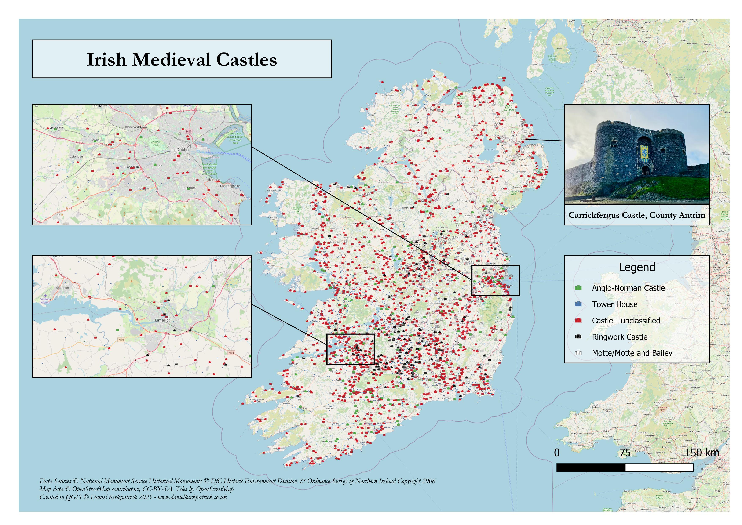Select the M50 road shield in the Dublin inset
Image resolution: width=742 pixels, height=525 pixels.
coord(189,131)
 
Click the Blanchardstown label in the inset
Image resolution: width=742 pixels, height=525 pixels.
coord(136,127)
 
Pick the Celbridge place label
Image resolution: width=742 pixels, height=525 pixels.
coord(76,156)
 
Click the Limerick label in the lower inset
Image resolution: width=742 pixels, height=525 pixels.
coord(162,320)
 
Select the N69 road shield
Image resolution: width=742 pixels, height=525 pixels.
coord(121,340)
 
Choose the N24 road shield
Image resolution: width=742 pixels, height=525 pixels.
coord(231,353)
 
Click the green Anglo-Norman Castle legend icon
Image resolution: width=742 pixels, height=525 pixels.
coord(578,288)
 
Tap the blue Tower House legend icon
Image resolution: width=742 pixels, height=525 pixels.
coord(578,304)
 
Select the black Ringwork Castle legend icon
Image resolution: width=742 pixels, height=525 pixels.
coord(578,337)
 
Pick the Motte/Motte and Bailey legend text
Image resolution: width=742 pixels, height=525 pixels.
coord(632,353)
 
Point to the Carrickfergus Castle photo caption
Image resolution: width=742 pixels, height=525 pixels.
coord(637,215)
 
